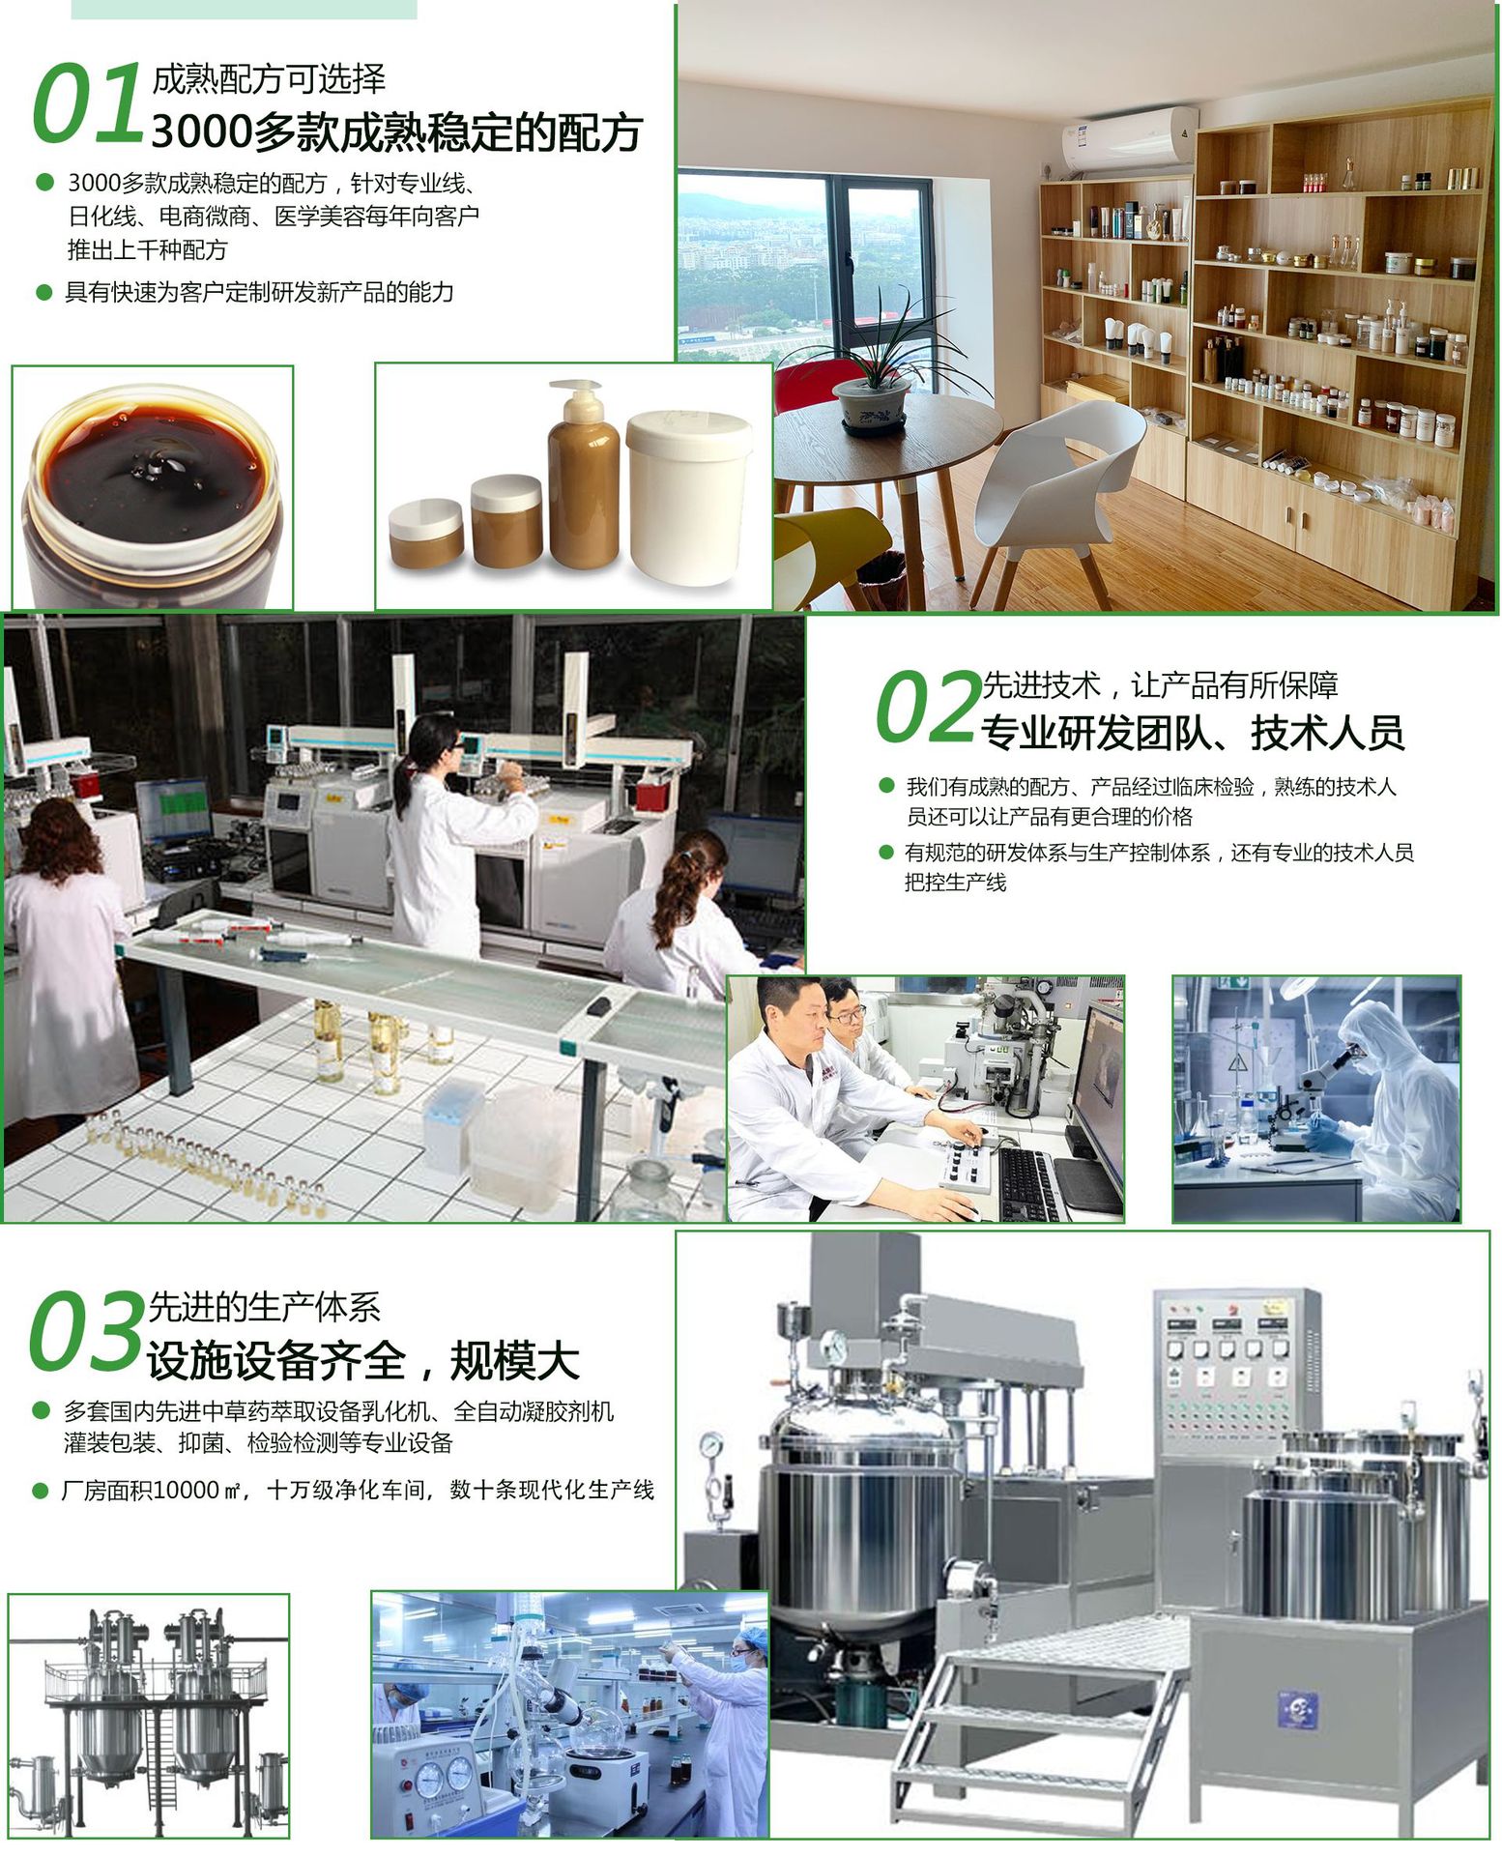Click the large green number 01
(x=88, y=102)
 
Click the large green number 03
(x=85, y=1331)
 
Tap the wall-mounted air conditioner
(x=1129, y=142)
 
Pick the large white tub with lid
(x=688, y=498)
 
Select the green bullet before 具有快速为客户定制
(x=43, y=292)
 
